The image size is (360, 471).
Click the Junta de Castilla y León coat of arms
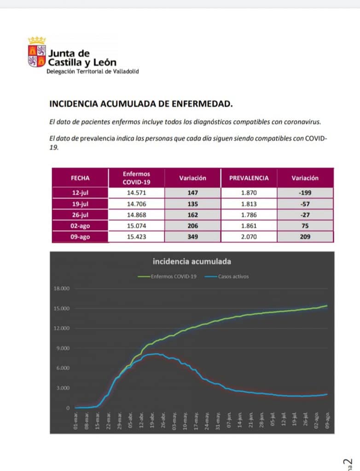coord(37,52)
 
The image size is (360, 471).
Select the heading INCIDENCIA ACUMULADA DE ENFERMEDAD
coord(141,103)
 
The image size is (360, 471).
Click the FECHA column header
coord(80,178)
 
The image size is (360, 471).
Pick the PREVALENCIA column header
coord(249,178)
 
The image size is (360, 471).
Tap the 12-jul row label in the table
coord(80,193)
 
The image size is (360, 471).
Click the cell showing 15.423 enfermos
coord(136,237)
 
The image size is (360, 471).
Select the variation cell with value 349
coord(192,237)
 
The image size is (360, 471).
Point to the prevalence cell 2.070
coord(249,237)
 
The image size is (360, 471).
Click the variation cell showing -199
coord(305,193)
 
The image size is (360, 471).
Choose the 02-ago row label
coord(80,226)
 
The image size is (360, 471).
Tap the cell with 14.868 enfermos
coord(136,215)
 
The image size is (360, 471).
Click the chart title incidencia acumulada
coord(192,262)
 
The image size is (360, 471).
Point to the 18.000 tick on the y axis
coord(62,288)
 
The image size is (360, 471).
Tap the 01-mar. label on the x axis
coord(76,421)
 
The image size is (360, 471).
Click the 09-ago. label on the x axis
coord(327,421)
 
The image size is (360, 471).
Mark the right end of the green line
coord(327,306)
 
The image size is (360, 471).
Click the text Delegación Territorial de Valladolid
coord(92,72)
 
